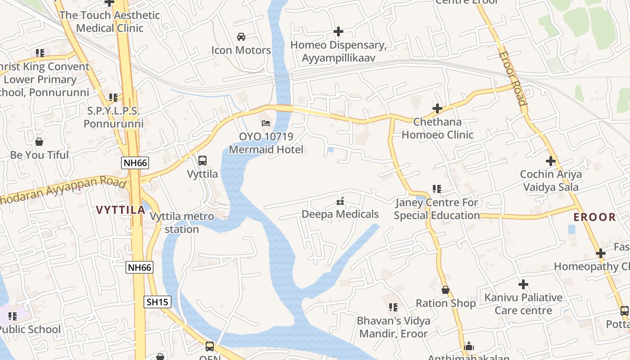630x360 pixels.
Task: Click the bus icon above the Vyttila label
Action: (x=202, y=160)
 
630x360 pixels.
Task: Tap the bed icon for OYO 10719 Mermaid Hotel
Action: (x=266, y=123)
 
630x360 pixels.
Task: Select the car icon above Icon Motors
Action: (x=241, y=36)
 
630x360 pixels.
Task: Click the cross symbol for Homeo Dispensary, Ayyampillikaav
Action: (x=338, y=31)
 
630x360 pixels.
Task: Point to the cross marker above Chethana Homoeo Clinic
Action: (x=437, y=108)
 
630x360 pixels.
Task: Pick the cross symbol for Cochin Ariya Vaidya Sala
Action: (x=551, y=161)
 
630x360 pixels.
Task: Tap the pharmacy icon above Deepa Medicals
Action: (x=340, y=201)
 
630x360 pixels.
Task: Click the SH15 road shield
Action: (x=157, y=301)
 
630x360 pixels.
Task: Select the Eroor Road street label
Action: (x=512, y=78)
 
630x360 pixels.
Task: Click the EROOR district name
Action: (x=594, y=217)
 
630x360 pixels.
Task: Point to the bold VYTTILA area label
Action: (x=121, y=210)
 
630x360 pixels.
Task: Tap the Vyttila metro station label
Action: (x=182, y=223)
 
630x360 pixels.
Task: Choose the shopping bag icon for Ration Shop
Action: (x=445, y=290)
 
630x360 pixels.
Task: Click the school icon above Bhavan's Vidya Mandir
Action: (x=393, y=307)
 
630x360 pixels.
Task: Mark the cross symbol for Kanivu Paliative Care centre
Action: (x=523, y=284)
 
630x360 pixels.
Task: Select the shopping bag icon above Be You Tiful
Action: (x=39, y=142)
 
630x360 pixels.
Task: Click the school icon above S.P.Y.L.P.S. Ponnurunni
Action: (x=113, y=97)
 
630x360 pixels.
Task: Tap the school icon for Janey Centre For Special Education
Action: (x=436, y=189)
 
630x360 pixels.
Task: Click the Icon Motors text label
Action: (x=241, y=50)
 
